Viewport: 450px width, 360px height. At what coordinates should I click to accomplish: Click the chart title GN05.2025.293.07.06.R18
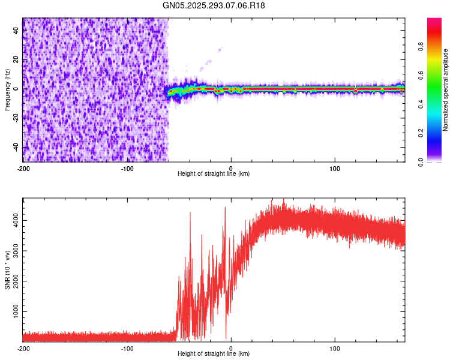214,5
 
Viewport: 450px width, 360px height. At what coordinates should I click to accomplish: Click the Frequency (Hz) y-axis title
7,90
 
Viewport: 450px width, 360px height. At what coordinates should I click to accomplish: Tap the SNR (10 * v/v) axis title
7,269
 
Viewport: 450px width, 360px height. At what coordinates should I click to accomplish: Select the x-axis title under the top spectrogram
214,174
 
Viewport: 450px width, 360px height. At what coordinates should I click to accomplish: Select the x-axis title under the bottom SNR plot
214,354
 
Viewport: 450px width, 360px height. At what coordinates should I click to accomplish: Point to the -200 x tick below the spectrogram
23,167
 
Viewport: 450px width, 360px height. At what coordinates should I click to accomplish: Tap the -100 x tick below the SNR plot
127,348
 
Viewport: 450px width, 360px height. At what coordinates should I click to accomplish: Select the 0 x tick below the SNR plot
232,348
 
